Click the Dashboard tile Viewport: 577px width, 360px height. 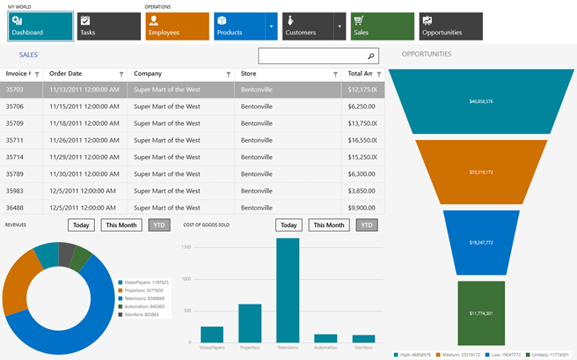40,26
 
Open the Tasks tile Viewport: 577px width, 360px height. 108,26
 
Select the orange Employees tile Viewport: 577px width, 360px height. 177,26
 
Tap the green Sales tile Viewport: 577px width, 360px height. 383,26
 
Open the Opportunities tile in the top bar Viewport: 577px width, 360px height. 450,26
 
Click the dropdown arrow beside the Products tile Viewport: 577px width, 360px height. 271,26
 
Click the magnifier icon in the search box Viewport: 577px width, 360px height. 371,56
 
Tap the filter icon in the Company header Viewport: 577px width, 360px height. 229,75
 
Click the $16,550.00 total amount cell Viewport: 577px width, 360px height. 362,140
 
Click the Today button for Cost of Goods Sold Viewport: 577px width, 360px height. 288,225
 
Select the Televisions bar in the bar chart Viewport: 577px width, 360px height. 288,290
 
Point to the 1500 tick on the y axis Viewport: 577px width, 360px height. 186,247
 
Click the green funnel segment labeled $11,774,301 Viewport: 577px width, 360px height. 481,313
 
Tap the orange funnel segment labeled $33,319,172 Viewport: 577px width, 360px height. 481,173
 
